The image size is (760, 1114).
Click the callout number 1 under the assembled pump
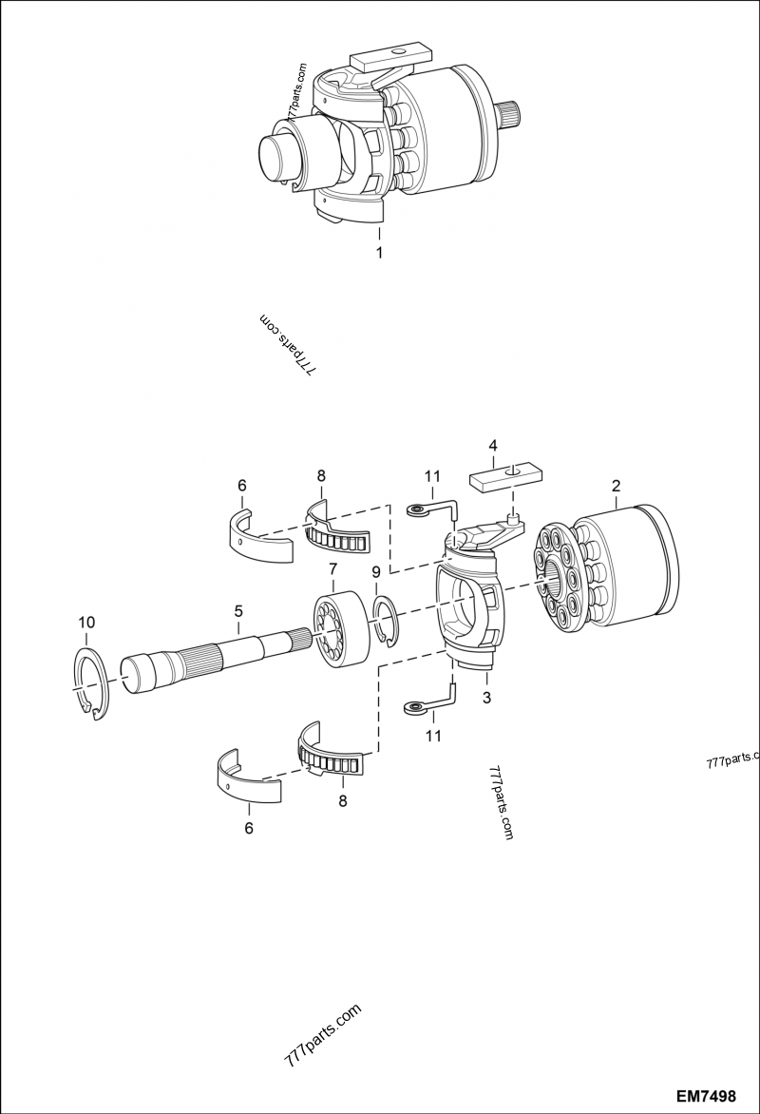coord(379,255)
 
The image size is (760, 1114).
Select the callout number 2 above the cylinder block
coord(616,486)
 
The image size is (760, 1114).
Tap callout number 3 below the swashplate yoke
coord(486,699)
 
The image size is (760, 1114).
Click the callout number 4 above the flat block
coord(493,445)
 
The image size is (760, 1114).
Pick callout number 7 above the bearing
coord(332,568)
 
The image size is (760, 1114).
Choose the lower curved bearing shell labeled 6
coord(246,771)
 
